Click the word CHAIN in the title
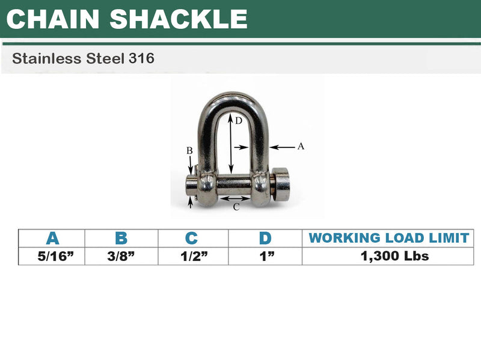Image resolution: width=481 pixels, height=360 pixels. (x=54, y=19)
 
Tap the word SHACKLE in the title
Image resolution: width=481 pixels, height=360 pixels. (x=179, y=19)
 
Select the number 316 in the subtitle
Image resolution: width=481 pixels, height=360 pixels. (x=142, y=59)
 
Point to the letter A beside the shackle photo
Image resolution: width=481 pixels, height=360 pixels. (x=301, y=145)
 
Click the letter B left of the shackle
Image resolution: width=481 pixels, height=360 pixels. (x=189, y=151)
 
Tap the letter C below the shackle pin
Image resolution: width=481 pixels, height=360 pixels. (x=236, y=207)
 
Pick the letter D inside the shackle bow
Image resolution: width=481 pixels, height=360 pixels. (x=238, y=121)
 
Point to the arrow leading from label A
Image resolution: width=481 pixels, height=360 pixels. (x=283, y=145)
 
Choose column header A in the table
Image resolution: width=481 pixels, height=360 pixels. (x=52, y=238)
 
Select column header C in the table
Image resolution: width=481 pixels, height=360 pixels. (x=192, y=238)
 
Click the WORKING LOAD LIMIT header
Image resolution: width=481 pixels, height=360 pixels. (x=388, y=238)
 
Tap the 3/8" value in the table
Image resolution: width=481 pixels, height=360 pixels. (x=122, y=256)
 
